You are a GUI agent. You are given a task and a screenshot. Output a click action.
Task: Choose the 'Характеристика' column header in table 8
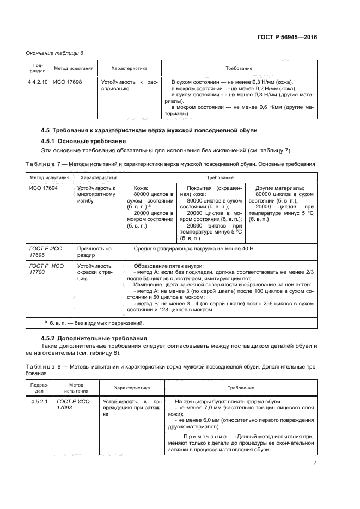pos(132,388)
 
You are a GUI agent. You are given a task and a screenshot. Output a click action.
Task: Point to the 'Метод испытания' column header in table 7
pos(50,177)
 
